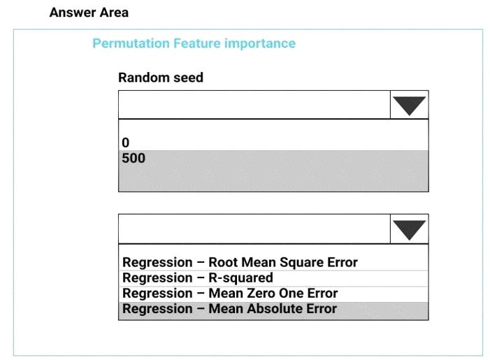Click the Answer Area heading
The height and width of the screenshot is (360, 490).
89,13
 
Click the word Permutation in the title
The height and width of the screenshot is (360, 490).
131,43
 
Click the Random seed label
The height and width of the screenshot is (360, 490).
161,77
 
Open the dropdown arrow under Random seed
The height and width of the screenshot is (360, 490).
410,105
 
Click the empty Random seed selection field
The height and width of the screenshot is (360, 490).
254,105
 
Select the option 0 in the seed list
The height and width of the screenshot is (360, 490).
126,143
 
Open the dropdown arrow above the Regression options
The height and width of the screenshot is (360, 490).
410,229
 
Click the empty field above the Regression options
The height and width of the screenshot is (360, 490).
254,229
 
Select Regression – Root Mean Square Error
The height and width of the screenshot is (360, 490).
240,262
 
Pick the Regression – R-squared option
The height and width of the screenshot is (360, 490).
198,278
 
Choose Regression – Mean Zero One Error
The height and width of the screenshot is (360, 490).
230,293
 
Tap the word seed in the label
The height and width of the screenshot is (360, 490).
189,78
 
